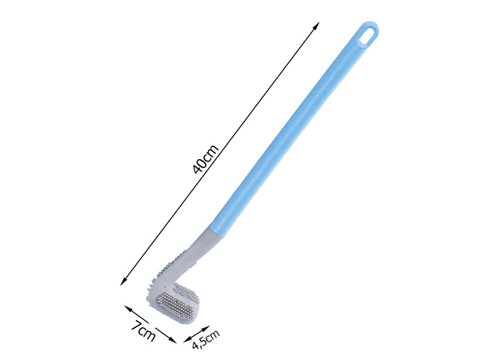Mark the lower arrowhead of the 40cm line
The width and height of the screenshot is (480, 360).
[122, 282]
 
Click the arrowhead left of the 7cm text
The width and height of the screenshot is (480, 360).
[126, 306]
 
